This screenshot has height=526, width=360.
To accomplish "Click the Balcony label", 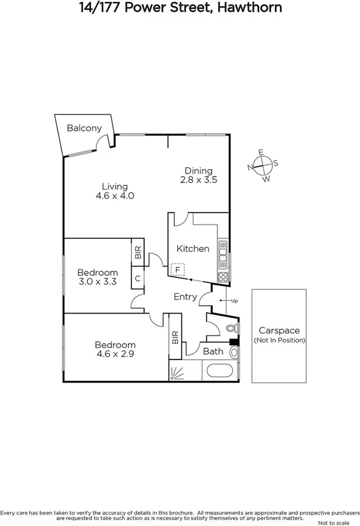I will click(84, 128).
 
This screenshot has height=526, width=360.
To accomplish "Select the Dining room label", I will click(198, 170).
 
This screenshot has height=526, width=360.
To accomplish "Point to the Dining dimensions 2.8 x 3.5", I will click(199, 180).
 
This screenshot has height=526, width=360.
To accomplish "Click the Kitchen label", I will click(192, 248).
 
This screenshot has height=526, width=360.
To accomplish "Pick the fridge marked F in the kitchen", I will click(178, 270).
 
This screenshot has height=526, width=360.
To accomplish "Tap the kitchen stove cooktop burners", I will click(224, 276).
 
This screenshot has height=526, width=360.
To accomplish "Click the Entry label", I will click(185, 297).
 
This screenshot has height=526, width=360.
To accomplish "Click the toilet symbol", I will click(231, 328).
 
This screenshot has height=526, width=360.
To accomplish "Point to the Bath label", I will click(212, 351).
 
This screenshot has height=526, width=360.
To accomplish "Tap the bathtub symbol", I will click(220, 371).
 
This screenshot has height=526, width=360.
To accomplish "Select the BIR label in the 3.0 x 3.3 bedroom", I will click(137, 252).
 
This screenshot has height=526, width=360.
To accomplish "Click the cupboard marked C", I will click(137, 278).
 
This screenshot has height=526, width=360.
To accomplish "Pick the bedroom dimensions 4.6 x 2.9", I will click(115, 353).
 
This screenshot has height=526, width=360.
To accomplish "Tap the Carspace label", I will click(279, 331).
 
